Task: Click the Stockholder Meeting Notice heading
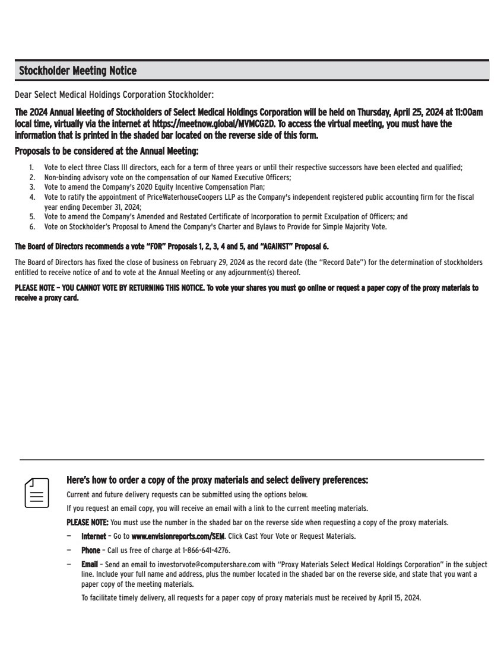pos(78,71)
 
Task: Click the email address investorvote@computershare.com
pos(191,565)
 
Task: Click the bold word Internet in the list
pos(93,536)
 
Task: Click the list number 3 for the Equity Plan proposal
pos(31,187)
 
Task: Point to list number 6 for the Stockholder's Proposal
pos(31,226)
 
